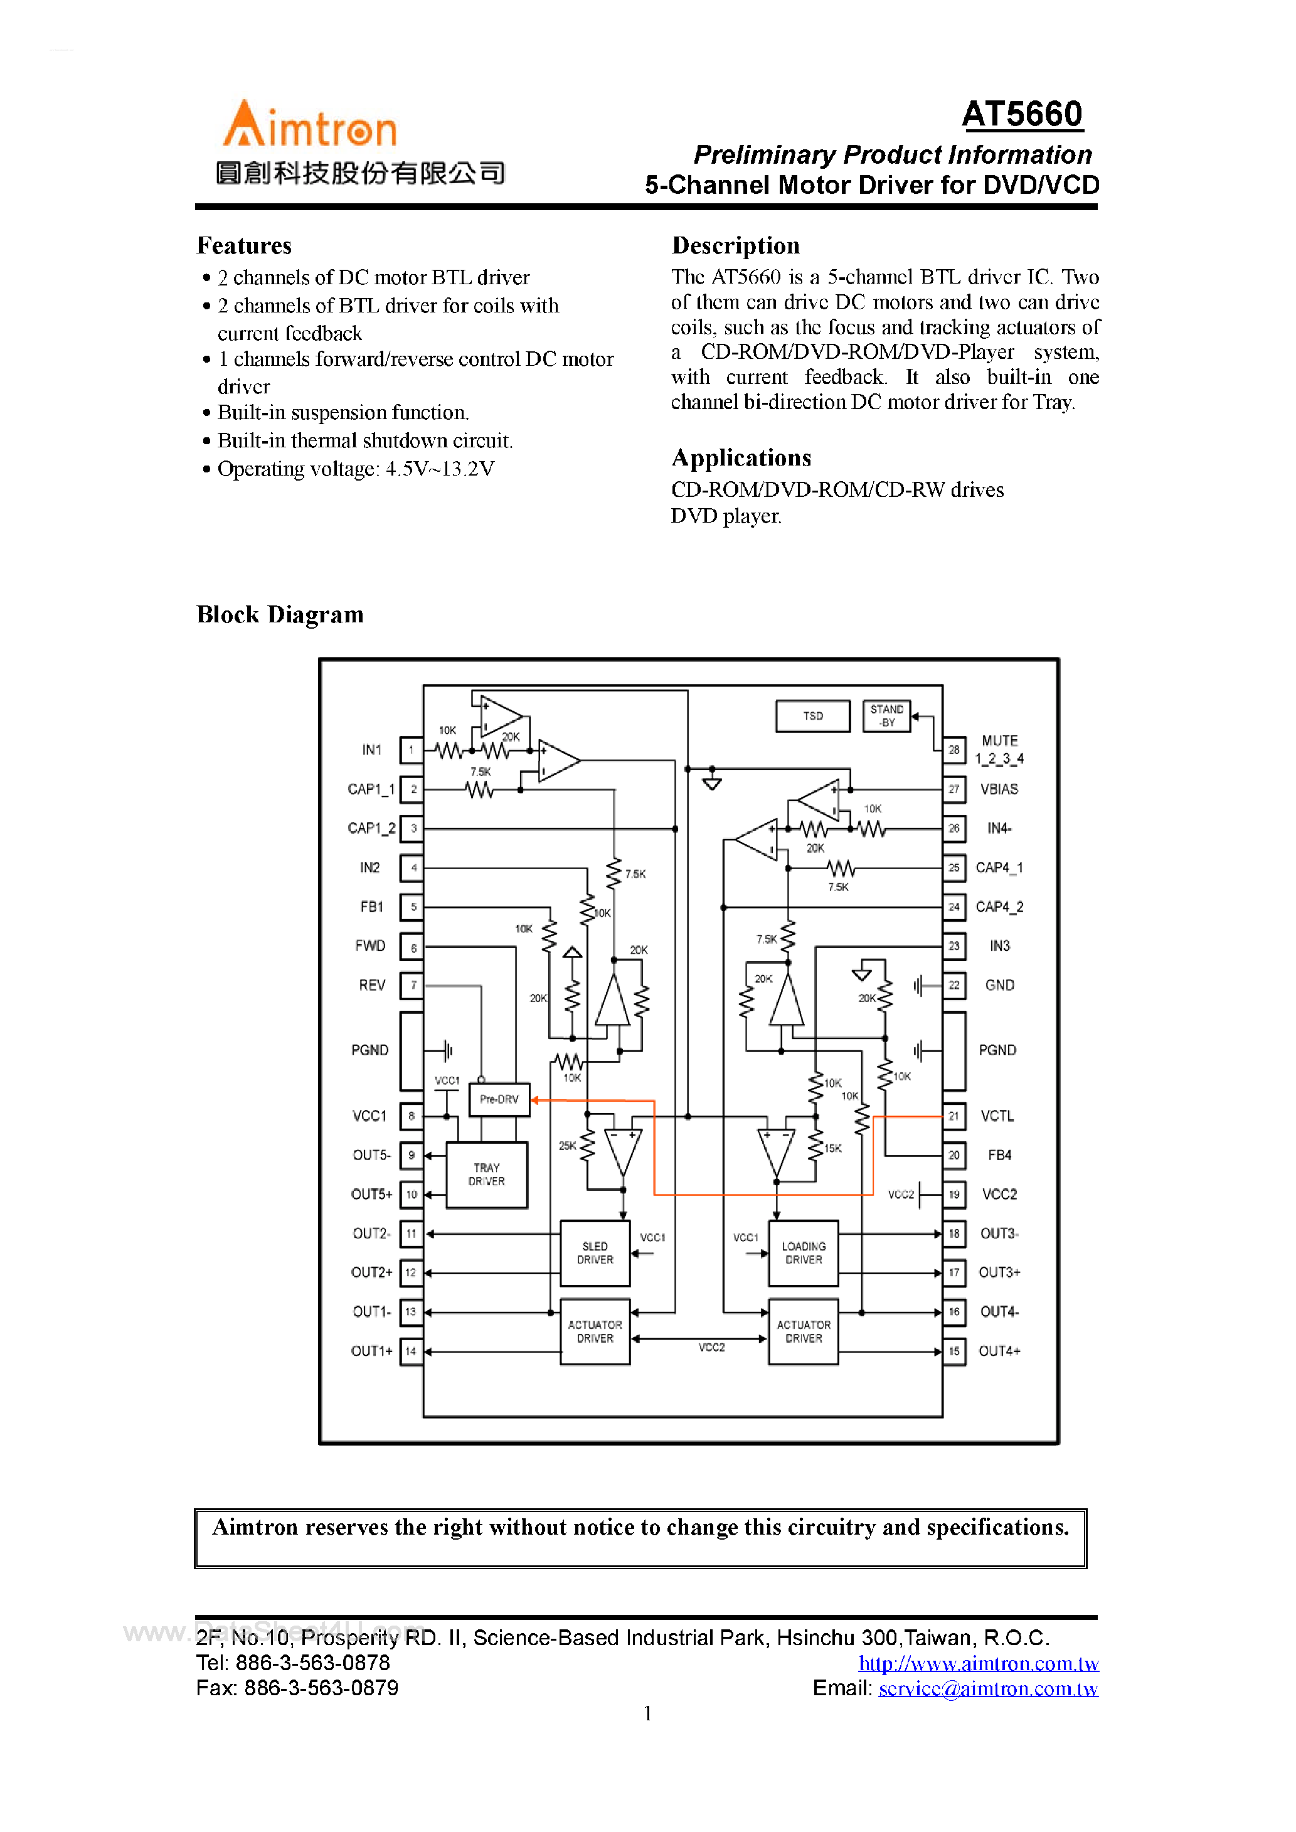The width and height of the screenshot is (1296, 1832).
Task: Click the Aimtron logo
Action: point(310,125)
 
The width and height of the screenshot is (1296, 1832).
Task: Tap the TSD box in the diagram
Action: point(812,716)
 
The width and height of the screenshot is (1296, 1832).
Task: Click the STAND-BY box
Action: point(886,716)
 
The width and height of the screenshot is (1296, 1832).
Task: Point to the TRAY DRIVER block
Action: point(486,1174)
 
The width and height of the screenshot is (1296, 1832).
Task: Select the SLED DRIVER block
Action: point(595,1253)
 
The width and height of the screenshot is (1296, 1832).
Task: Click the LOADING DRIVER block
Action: point(804,1253)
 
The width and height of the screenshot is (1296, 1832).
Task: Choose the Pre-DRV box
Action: point(499,1100)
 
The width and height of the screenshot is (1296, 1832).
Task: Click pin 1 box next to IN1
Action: point(412,750)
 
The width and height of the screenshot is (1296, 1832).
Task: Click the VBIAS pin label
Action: point(999,789)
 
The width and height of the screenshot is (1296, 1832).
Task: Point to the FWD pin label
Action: point(370,946)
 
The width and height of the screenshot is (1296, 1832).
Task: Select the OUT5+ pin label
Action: point(372,1195)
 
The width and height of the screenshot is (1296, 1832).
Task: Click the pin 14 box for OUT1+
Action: point(411,1351)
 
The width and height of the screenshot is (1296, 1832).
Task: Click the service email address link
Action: point(988,1688)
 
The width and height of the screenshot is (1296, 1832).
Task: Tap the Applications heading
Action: point(741,458)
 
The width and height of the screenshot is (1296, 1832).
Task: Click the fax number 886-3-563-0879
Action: point(321,1688)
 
